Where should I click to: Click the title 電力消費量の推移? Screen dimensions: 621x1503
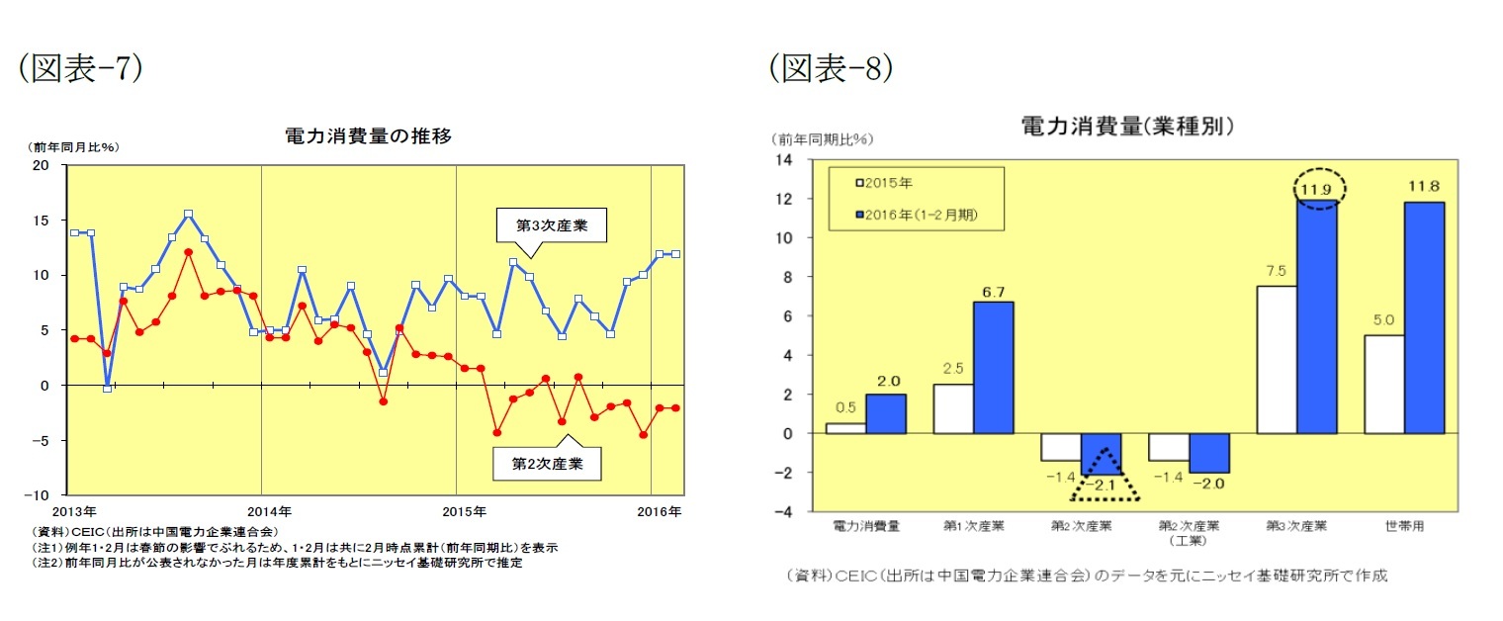[x=368, y=136]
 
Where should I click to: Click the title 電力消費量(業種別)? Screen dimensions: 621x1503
[x=1127, y=126]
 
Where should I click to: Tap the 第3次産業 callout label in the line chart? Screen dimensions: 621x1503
[x=552, y=225]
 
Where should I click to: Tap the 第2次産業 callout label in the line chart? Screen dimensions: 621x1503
[x=546, y=462]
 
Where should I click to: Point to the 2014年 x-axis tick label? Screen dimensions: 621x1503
[x=268, y=512]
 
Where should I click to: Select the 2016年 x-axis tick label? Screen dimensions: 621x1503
[x=659, y=512]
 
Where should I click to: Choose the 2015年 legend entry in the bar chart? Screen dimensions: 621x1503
[x=890, y=183]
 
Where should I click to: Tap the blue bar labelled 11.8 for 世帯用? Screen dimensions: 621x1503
[x=1424, y=316]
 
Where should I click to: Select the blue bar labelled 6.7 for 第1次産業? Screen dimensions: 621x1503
[x=994, y=367]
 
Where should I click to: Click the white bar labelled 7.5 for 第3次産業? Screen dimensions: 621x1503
[x=1276, y=360]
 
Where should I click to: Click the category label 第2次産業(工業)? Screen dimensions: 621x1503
[x=1189, y=532]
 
